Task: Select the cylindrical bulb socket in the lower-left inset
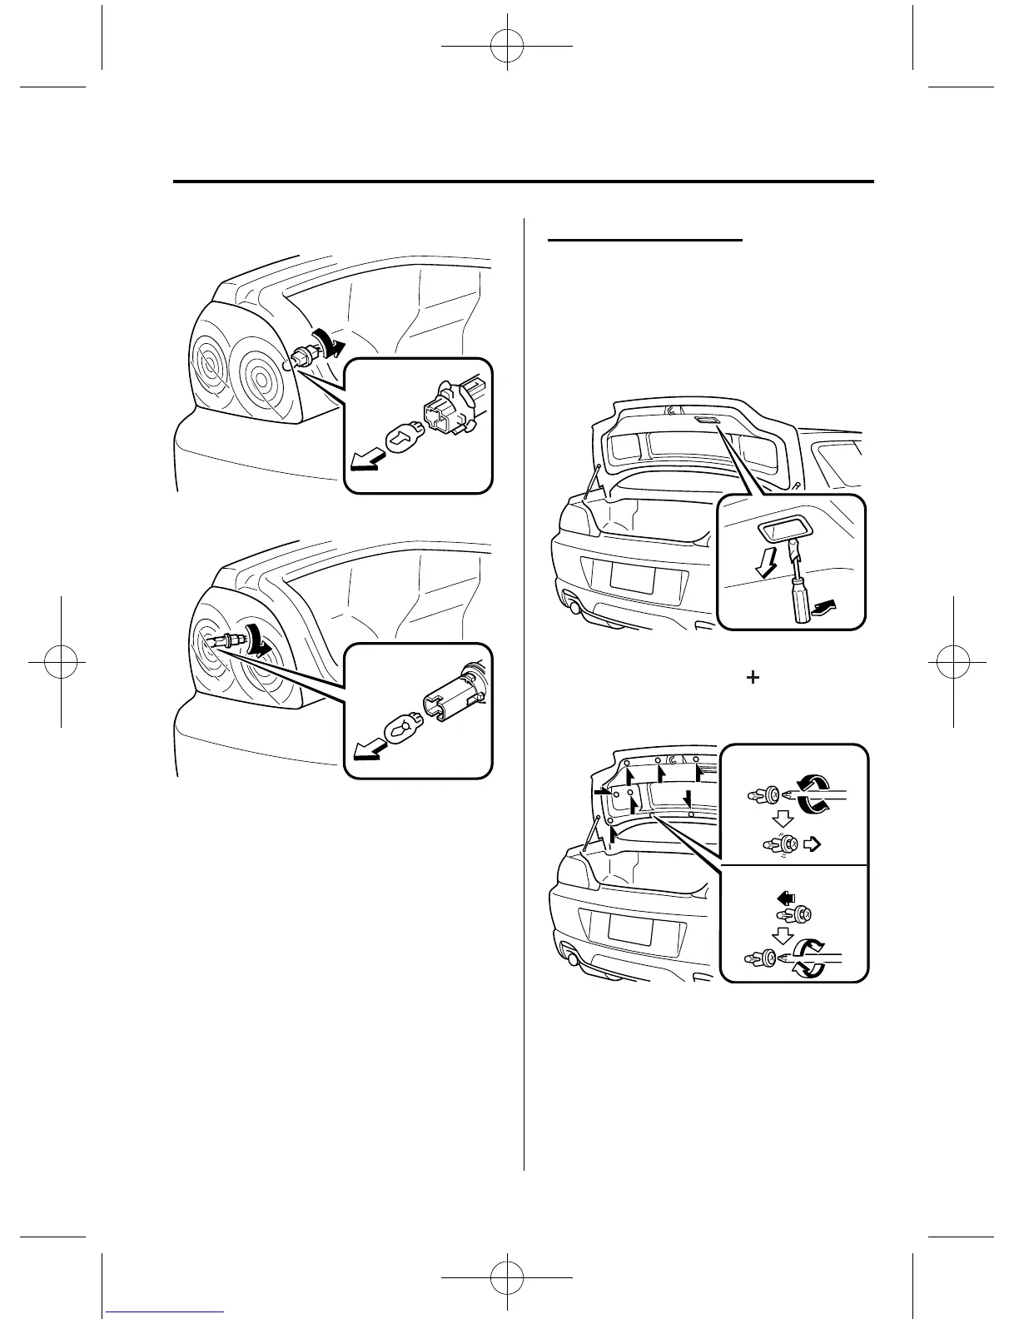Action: point(448,694)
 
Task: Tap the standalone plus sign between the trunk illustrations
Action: point(753,678)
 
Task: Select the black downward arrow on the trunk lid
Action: point(688,799)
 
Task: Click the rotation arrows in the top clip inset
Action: point(813,791)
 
